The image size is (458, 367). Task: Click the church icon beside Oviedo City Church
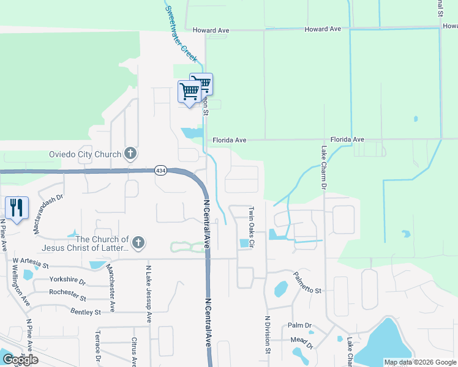130,154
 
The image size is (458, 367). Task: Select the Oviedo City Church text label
85,154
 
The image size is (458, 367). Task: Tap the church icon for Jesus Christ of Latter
139,243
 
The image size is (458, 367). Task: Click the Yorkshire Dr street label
68,280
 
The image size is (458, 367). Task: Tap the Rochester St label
67,292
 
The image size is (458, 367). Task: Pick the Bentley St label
85,312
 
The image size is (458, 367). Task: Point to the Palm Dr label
300,325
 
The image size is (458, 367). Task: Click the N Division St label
268,335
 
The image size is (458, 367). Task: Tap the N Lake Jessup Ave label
149,294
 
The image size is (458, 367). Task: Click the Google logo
20,360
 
